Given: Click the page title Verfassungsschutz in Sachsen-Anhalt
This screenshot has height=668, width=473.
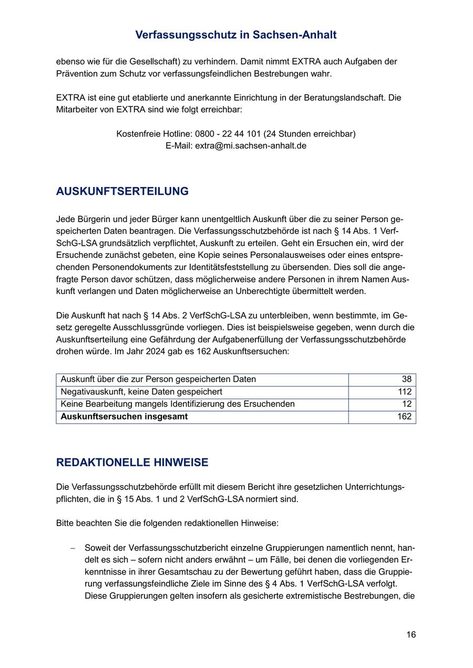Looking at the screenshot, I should (x=236, y=35).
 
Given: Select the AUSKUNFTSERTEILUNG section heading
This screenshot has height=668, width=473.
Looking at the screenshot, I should (x=122, y=192).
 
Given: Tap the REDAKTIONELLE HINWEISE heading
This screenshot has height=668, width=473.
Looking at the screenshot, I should (x=132, y=463).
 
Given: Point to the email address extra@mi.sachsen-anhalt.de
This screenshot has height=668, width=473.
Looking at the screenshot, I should (x=251, y=146).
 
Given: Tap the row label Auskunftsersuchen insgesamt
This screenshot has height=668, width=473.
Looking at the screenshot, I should (x=124, y=417).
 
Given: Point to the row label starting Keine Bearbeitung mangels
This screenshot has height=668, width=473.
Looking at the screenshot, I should (x=178, y=404).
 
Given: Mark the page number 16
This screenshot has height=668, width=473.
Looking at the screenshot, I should (x=411, y=635).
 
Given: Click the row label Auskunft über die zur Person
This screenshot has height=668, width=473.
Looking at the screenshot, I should (x=158, y=380).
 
